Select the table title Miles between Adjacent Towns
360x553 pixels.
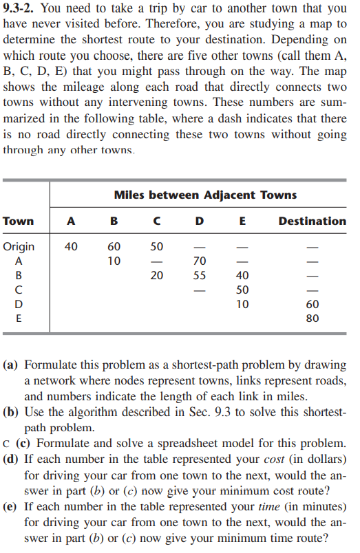(205, 195)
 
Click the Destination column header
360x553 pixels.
(312, 221)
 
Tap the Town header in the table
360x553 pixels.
(19, 221)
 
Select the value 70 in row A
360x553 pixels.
(200, 261)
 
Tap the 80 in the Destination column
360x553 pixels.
(312, 318)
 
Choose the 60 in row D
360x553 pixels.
(312, 304)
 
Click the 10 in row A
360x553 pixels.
(114, 261)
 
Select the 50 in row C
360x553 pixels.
(242, 290)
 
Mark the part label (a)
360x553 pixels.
(12, 366)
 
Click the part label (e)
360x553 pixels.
(12, 508)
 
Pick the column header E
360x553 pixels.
(242, 221)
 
